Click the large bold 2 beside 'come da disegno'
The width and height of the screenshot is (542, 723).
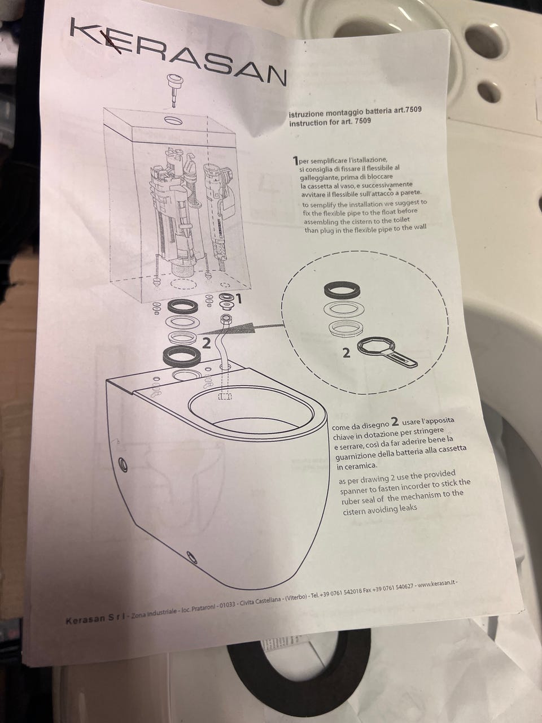[x=395, y=421]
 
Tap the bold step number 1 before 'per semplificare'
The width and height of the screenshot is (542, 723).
[x=295, y=161]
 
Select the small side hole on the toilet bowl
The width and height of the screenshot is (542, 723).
[x=123, y=463]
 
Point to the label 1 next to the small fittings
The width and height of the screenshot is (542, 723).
[x=239, y=299]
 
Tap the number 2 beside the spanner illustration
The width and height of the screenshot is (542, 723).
[x=346, y=354]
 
